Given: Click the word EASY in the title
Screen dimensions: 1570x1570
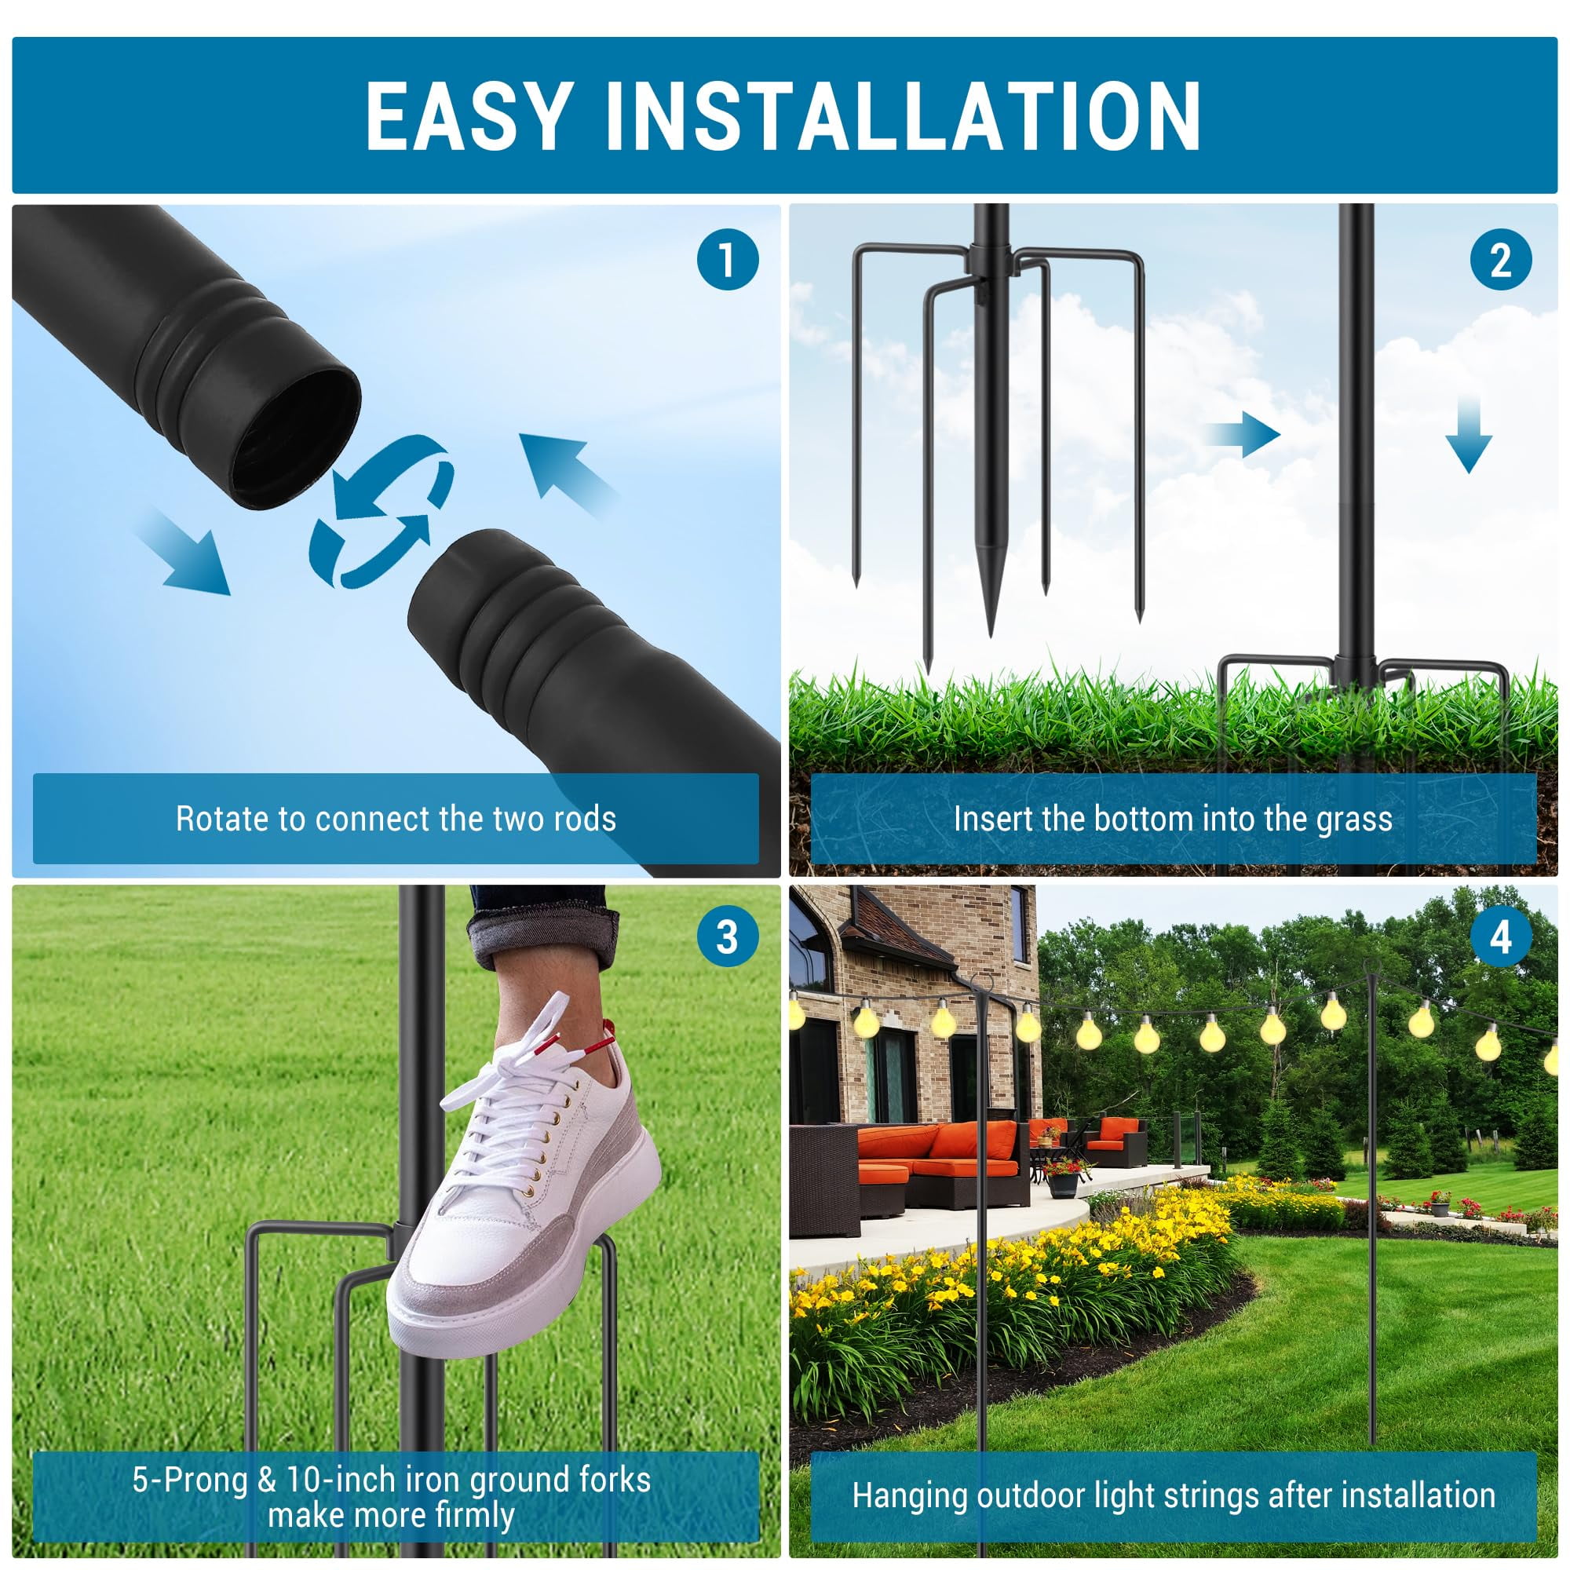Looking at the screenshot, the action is pos(466,115).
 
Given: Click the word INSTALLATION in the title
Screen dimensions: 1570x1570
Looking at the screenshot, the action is pos(901,115).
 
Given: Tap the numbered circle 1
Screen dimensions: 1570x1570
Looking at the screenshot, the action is pos(728,260).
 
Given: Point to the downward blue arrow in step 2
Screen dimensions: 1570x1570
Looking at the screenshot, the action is pos(1469,436).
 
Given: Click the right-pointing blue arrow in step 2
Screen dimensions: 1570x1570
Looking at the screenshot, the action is pos(1244,435).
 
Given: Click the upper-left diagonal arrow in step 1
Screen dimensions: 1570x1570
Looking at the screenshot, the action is pos(569,475).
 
